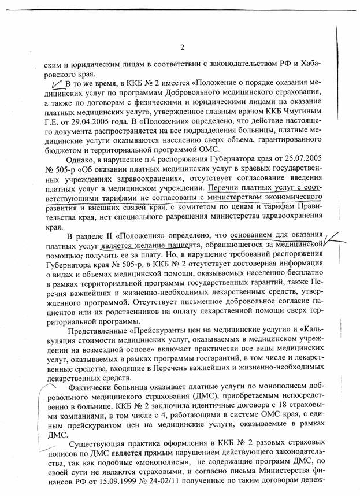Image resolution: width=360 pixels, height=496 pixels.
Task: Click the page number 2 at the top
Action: [x=181, y=47]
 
